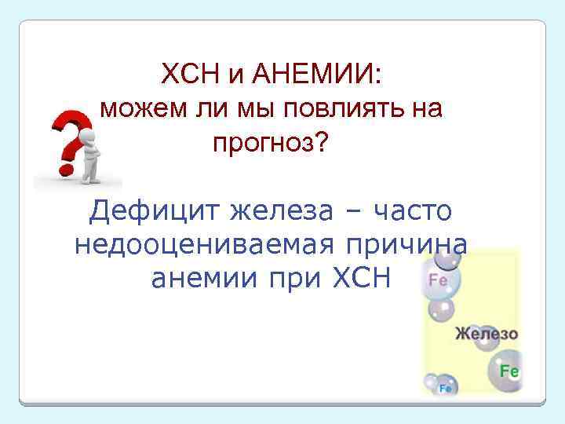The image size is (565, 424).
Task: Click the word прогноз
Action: point(261,142)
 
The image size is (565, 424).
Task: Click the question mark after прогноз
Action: point(319,142)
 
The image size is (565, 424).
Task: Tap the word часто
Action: point(413,210)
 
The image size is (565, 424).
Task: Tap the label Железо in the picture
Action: point(487,333)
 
